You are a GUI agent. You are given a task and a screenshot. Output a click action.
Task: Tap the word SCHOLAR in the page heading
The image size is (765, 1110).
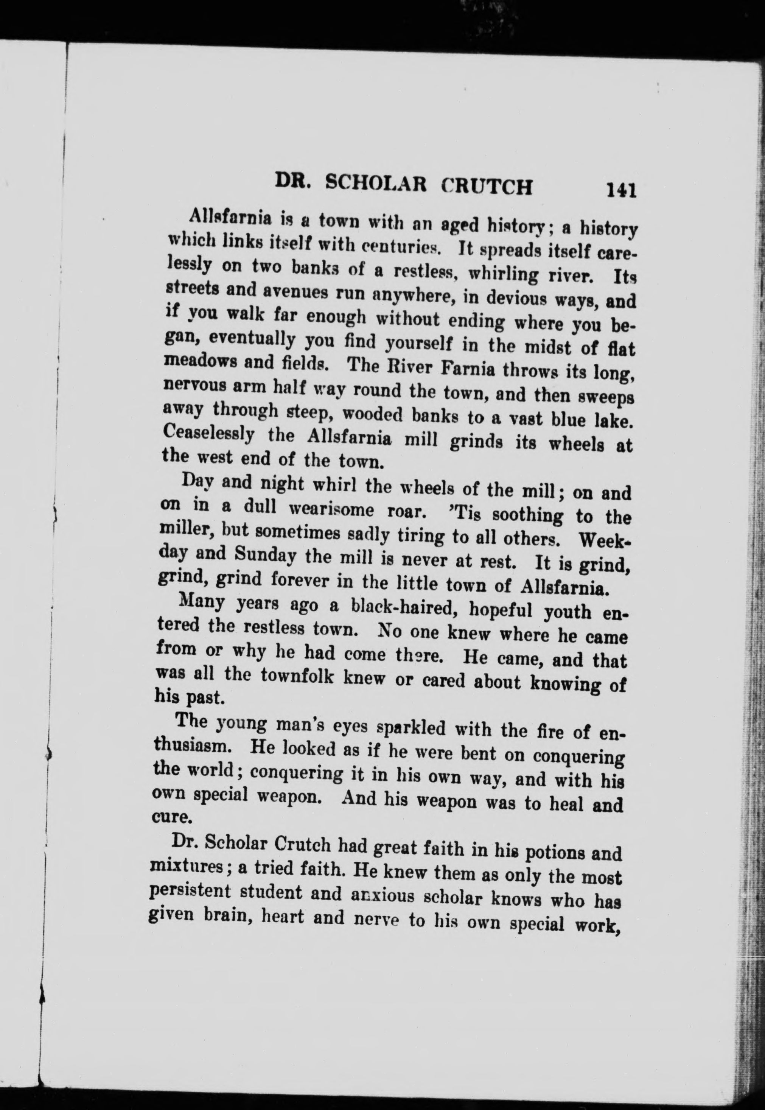[375, 183]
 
